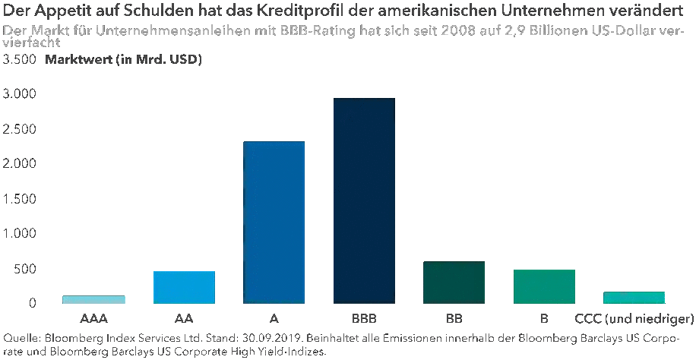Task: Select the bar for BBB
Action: coord(364,201)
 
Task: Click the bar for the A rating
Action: coord(274,223)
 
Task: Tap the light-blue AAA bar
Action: coord(93,299)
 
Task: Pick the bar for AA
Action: coord(184,287)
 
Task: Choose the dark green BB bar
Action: coord(454,283)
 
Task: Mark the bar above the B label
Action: coord(544,286)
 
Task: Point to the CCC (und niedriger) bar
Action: coord(634,297)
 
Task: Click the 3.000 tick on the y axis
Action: coord(20,93)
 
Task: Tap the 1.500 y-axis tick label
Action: coord(20,199)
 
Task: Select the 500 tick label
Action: coord(25,269)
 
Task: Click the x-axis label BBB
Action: coord(364,317)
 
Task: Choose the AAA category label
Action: coord(93,317)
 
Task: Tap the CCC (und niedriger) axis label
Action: coord(634,317)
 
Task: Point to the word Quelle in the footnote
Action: coord(21,338)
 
